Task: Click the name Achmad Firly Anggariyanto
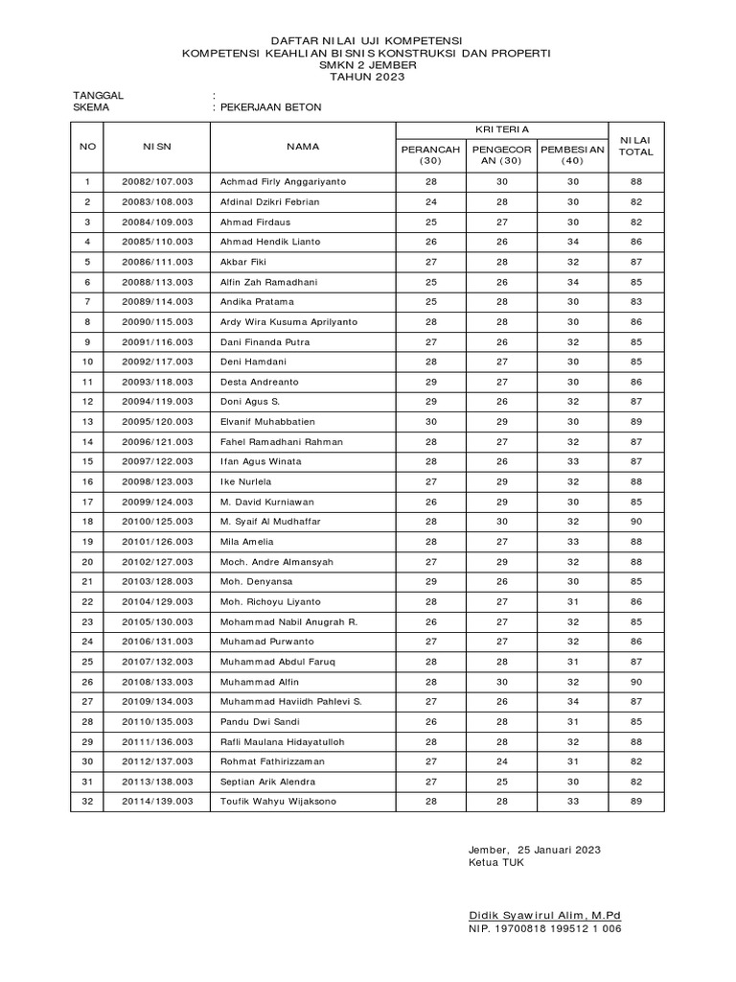coord(284,181)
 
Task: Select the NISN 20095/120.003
coord(157,422)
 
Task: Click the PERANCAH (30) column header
coord(430,155)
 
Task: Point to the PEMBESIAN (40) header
coord(573,155)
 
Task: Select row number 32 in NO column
coord(87,801)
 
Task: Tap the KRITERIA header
coord(502,129)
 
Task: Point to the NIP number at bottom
coord(544,929)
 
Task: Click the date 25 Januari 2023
coord(560,850)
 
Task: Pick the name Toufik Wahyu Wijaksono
coord(279,801)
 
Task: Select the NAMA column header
coord(302,147)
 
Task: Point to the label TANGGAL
coord(99,96)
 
